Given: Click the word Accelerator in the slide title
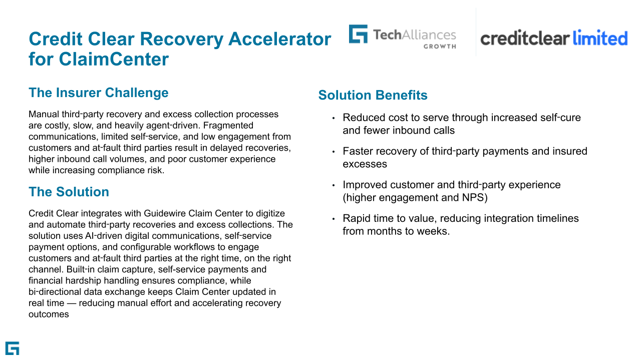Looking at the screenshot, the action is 279,39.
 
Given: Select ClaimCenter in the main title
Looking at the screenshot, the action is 114,59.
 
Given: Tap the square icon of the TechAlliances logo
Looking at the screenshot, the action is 358,34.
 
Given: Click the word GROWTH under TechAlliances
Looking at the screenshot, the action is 440,47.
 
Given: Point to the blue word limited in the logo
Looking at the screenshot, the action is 600,38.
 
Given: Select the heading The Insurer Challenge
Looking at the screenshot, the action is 99,93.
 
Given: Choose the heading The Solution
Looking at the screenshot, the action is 69,192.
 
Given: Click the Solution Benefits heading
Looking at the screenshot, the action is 373,95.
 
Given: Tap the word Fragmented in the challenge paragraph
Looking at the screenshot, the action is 228,125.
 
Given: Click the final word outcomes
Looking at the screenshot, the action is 49,314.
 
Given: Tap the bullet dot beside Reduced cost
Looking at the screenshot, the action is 334,118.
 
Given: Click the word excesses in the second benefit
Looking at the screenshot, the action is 365,164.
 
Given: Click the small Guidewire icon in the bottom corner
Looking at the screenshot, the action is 13,348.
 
